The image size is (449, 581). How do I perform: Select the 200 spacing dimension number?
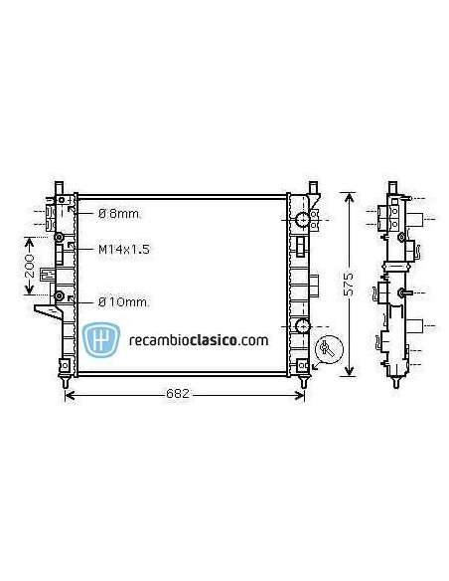click(x=30, y=266)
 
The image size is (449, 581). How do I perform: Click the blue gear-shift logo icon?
click(x=101, y=339)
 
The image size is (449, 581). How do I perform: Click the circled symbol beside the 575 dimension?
click(x=327, y=350)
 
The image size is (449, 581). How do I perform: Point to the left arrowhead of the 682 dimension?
click(x=68, y=396)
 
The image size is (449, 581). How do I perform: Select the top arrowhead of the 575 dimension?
click(x=348, y=194)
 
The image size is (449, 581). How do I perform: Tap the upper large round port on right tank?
click(x=302, y=220)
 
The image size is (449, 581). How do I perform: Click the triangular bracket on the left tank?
click(x=46, y=315)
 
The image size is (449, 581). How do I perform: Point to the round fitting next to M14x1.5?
click(x=60, y=239)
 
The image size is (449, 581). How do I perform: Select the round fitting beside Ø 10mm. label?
click(x=60, y=295)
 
